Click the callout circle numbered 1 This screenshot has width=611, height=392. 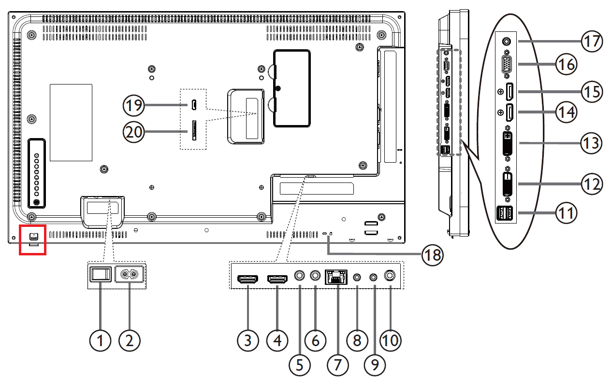click(x=100, y=340)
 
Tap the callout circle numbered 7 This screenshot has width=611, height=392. click(x=338, y=365)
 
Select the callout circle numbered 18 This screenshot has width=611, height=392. click(x=432, y=255)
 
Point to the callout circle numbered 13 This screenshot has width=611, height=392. click(x=591, y=143)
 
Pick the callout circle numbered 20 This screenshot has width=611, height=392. click(x=133, y=132)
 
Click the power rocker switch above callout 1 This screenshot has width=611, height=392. click(x=101, y=274)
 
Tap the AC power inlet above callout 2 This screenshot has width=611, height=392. click(x=129, y=274)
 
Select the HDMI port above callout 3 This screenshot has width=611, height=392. click(x=247, y=279)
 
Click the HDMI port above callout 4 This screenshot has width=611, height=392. click(x=277, y=279)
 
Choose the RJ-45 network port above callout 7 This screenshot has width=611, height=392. click(x=336, y=277)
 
